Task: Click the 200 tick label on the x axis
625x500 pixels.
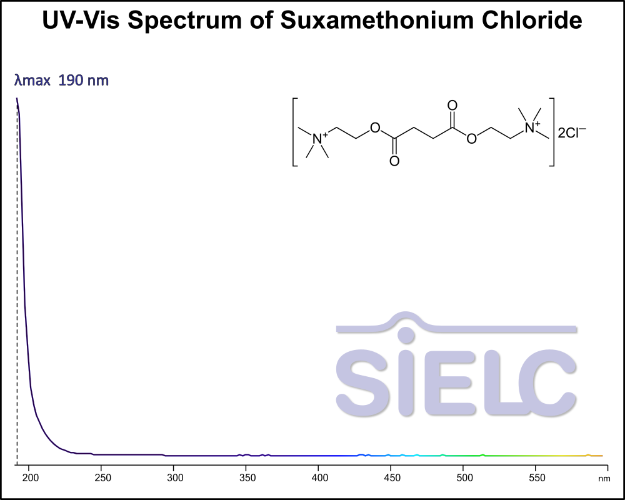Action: coord(30,478)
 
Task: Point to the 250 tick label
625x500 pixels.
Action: coord(102,478)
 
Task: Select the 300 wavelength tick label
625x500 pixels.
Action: coord(175,478)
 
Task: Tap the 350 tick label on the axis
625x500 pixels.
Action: coord(247,478)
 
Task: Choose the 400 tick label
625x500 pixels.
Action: coord(320,478)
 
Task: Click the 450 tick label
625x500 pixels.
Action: coord(392,478)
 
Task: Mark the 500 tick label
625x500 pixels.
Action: coord(463,478)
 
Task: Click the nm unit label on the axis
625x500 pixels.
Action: coord(603,479)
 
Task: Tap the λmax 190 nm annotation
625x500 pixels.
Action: coord(62,81)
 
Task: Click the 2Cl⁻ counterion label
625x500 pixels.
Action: coord(571,133)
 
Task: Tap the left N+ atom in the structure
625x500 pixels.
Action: coord(319,137)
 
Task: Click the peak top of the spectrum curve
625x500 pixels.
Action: coord(17,98)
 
